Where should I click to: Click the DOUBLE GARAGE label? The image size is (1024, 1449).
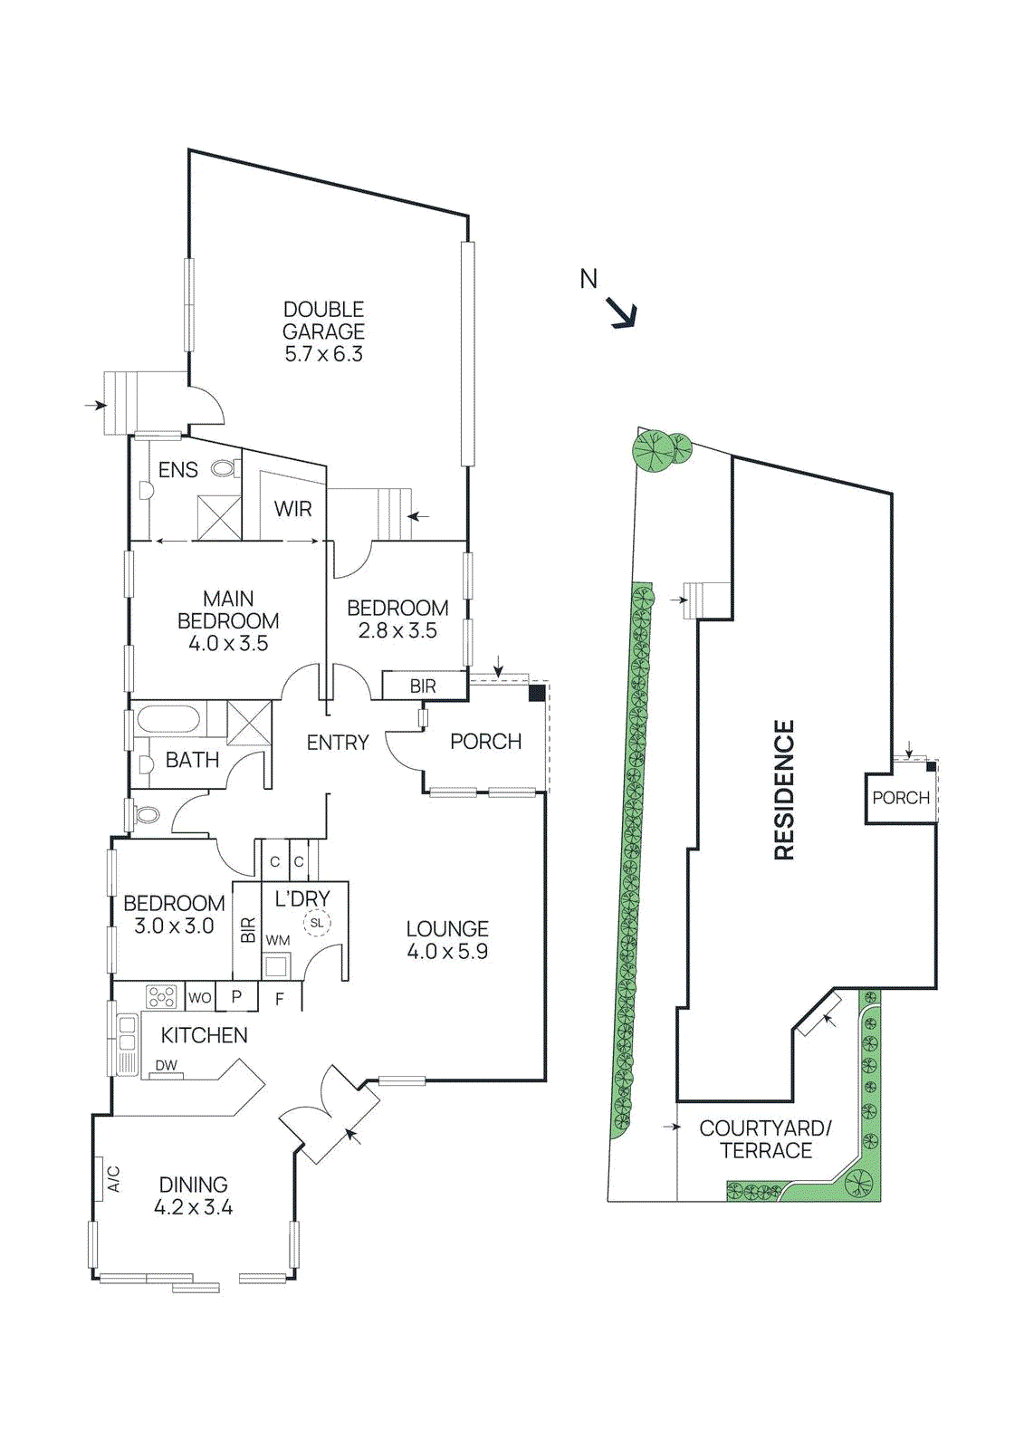click(x=323, y=321)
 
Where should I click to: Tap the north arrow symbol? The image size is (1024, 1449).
click(x=621, y=312)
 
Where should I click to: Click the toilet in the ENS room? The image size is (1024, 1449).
click(x=224, y=468)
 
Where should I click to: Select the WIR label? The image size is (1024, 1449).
click(x=292, y=509)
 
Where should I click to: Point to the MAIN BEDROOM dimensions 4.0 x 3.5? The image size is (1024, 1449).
click(x=228, y=644)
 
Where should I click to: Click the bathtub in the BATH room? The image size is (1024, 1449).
click(x=168, y=721)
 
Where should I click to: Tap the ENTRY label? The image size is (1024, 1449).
click(x=337, y=743)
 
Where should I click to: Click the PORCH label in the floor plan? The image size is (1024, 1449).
click(x=485, y=742)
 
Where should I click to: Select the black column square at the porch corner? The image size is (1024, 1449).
click(x=537, y=693)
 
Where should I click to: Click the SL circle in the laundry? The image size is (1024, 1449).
click(x=317, y=923)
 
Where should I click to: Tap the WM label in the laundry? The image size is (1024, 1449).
click(x=278, y=940)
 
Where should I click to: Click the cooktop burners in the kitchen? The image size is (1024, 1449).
click(x=161, y=996)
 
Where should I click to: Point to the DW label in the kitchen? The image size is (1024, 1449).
click(x=166, y=1065)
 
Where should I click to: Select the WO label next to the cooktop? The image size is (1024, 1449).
click(x=199, y=998)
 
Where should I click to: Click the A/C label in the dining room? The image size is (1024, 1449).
click(x=114, y=1178)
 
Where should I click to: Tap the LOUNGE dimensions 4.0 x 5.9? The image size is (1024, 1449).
click(x=447, y=952)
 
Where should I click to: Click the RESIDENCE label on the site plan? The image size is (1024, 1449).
click(x=784, y=790)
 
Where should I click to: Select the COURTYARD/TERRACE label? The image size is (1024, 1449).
click(x=765, y=1139)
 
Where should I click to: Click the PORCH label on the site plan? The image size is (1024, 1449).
click(x=901, y=798)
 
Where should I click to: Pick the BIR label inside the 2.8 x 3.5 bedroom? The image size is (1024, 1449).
click(x=422, y=686)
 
